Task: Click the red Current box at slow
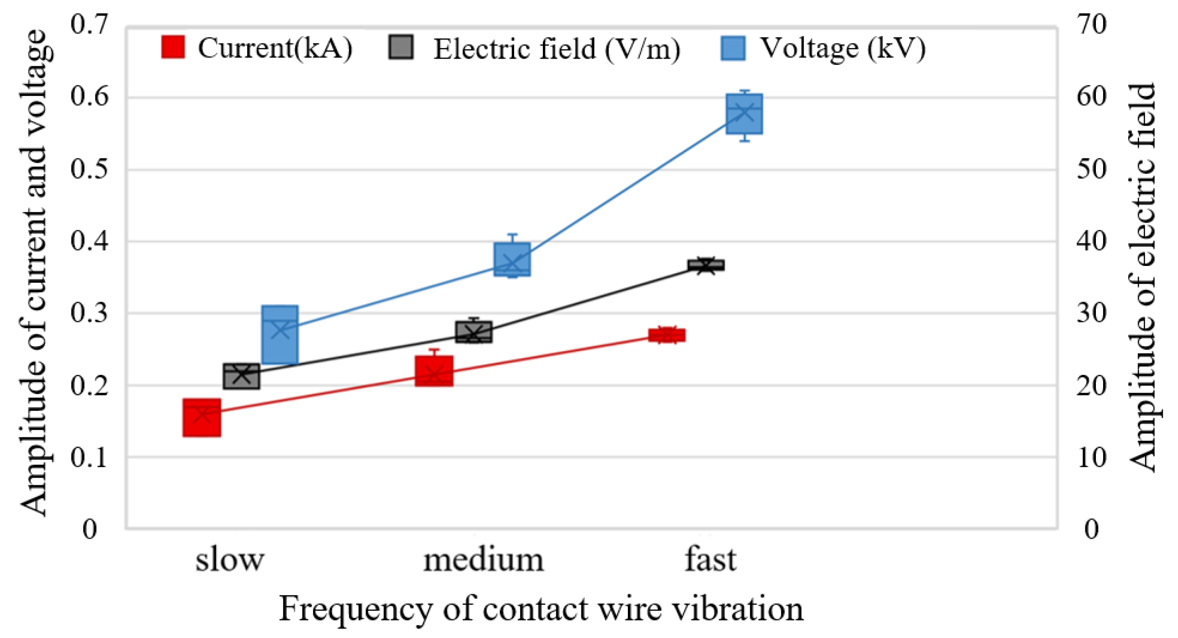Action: (x=202, y=417)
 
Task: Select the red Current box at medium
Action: (x=434, y=371)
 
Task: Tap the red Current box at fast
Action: (x=667, y=335)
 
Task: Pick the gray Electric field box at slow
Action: (x=241, y=376)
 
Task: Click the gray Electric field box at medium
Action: (x=474, y=332)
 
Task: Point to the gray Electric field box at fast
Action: (x=706, y=265)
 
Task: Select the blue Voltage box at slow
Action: (x=280, y=335)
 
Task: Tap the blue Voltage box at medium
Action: (x=512, y=259)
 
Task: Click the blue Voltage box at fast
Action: (x=745, y=114)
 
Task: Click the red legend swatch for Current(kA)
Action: (x=173, y=47)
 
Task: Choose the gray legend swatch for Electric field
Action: (x=401, y=47)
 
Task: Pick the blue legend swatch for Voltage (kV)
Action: (x=733, y=48)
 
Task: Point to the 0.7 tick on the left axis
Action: (x=89, y=24)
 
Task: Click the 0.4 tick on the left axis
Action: (x=89, y=241)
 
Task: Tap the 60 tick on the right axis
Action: (x=1091, y=96)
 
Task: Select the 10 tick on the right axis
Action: (x=1091, y=457)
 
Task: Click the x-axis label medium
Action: (x=483, y=560)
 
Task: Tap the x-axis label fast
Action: (x=710, y=559)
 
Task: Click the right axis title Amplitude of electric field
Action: (x=1142, y=277)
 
